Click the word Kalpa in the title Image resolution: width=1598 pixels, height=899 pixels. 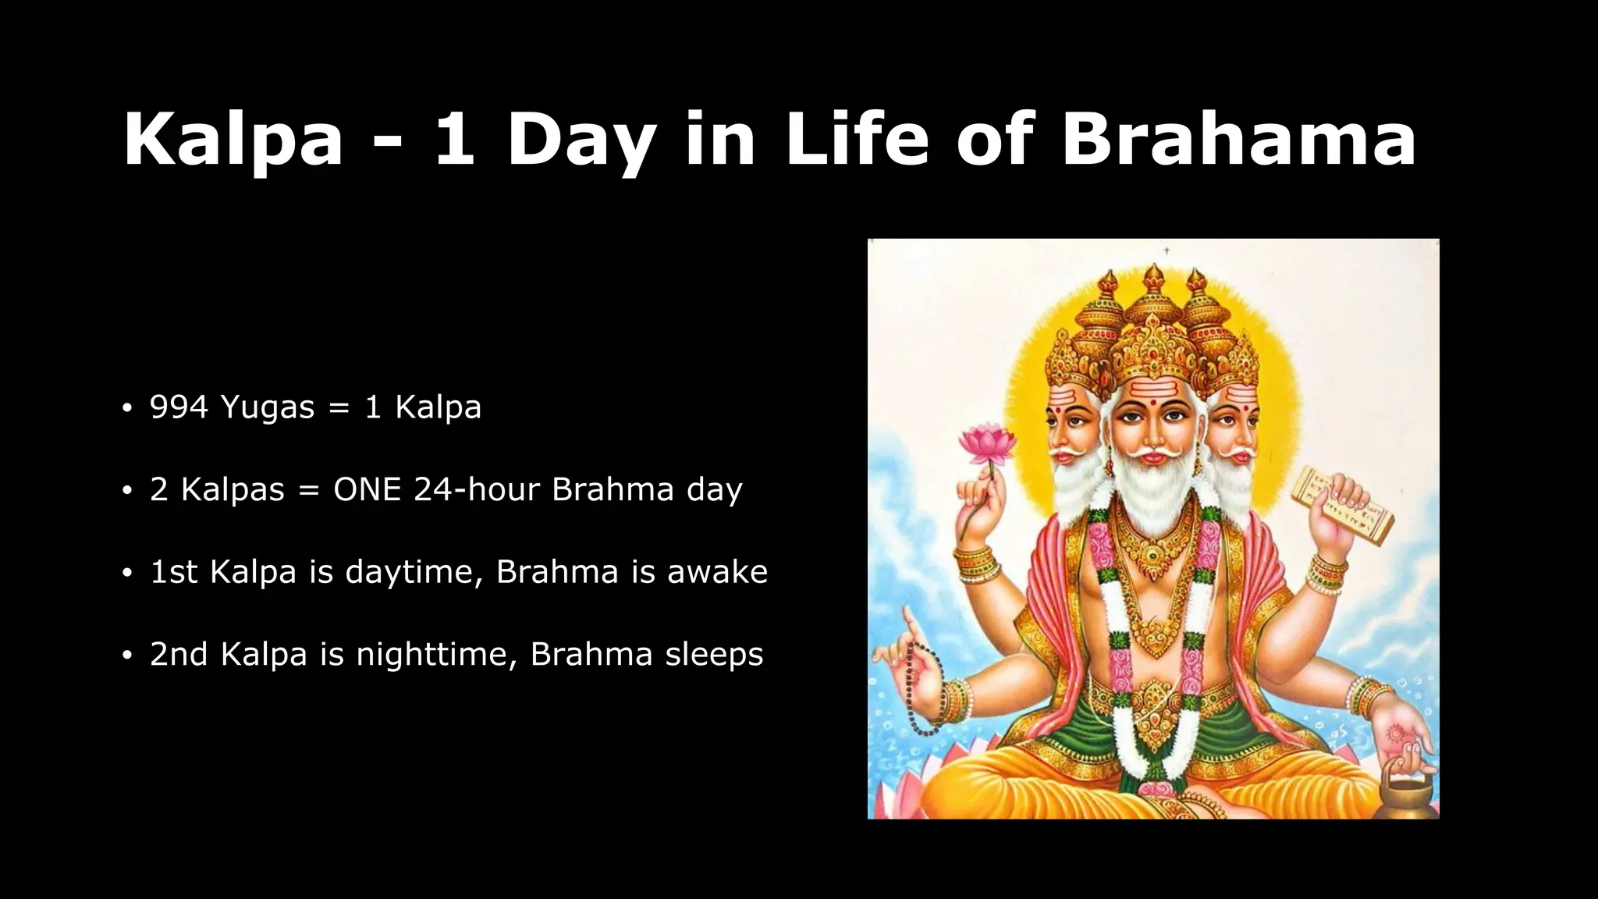pos(233,140)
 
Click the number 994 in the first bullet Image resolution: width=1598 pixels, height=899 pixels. pos(179,407)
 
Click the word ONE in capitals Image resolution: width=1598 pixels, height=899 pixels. pos(367,490)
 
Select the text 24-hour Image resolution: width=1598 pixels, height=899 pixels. pos(477,490)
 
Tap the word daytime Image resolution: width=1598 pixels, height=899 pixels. pos(409,573)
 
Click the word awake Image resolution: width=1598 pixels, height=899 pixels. pos(717,573)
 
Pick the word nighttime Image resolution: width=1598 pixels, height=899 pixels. pos(437,655)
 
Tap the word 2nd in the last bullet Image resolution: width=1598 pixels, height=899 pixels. pos(179,655)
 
